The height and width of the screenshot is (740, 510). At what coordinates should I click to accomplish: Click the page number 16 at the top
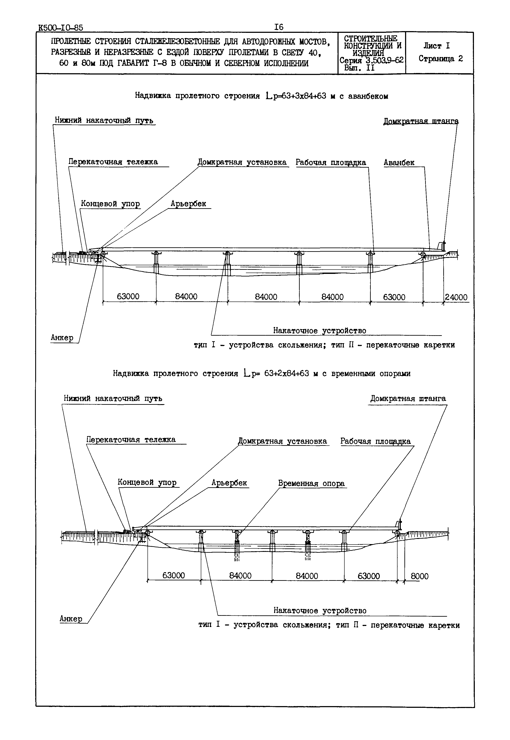pos(279,27)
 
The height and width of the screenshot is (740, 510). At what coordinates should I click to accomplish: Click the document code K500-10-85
pos(60,28)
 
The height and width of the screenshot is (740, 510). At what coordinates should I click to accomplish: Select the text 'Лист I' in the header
pos(437,46)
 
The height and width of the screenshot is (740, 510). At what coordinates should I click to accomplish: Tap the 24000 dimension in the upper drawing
pos(456,297)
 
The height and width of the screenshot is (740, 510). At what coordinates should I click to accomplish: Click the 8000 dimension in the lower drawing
pos(419,576)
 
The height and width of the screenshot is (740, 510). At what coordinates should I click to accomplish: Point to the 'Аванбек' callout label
pos(399,163)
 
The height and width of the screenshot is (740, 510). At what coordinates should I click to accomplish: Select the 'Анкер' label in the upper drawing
pos(62,338)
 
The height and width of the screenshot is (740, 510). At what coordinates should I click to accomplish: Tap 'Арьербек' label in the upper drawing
pos(188,204)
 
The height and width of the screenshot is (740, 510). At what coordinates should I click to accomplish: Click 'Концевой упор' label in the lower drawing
pos(147,482)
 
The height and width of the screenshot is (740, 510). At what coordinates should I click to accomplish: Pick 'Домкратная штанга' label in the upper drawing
pos(421,121)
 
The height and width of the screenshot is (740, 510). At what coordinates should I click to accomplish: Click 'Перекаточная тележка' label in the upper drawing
pos(113,162)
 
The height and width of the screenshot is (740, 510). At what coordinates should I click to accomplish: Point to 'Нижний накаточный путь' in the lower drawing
pos(113,398)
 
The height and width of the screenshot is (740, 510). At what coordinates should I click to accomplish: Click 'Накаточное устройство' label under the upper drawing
pos(320,330)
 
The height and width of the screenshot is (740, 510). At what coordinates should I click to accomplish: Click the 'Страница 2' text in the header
pos(441,59)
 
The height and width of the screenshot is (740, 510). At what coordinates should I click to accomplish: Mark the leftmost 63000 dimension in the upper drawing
pos(128,297)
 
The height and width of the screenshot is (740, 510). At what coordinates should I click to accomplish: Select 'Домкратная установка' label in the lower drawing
pos(282,441)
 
